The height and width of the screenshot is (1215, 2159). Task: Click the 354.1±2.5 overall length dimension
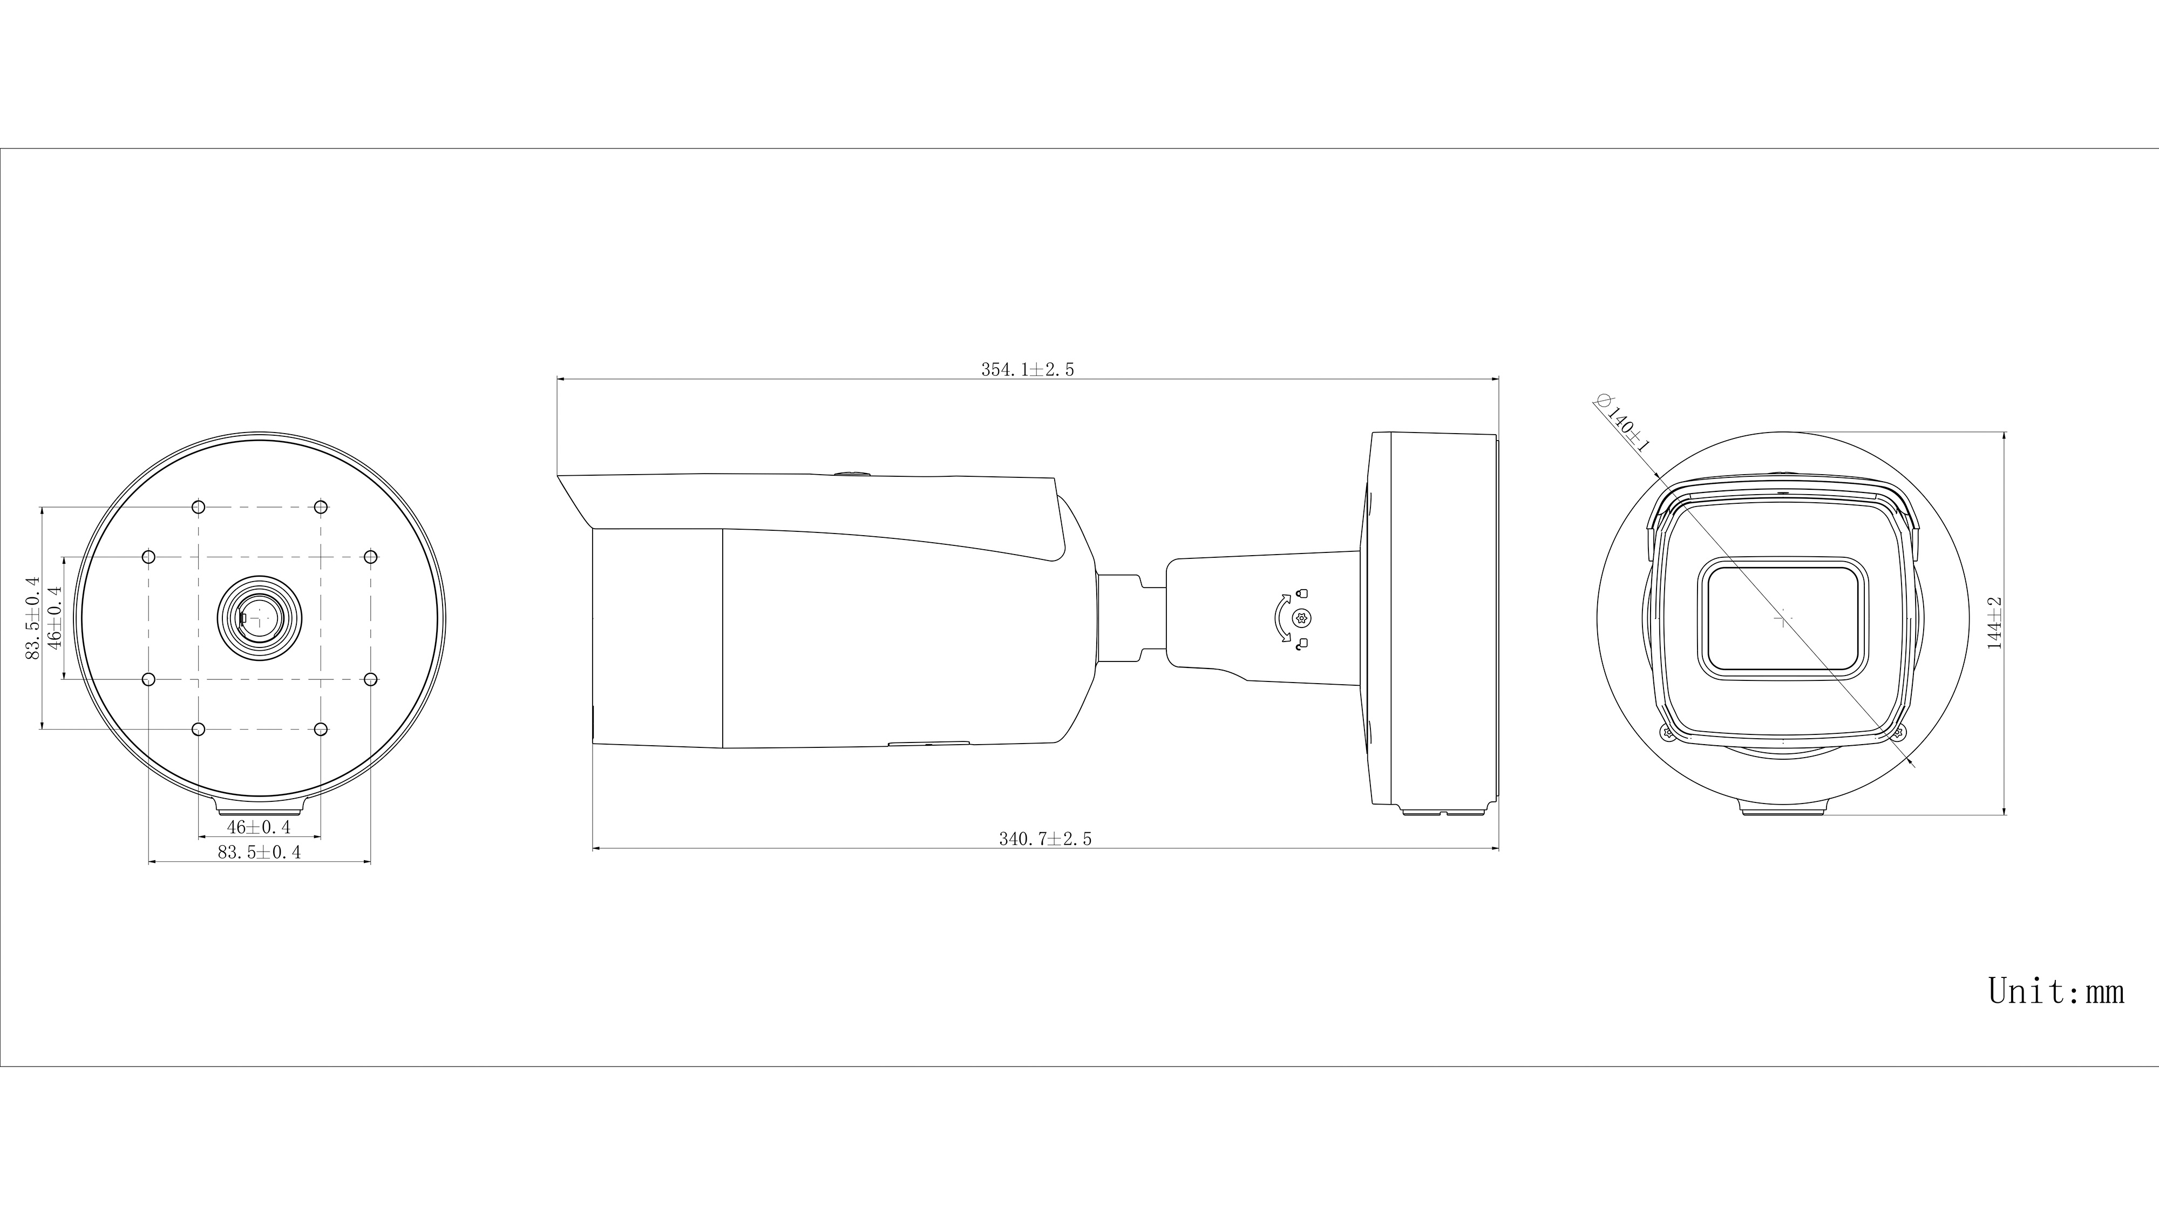coord(1028,370)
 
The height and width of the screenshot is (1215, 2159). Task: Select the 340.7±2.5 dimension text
coord(1045,839)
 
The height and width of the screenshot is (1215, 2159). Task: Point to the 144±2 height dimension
coord(1995,623)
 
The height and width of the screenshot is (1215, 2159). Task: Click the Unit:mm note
coord(2056,991)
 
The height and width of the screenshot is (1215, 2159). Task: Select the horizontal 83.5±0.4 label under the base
coord(259,853)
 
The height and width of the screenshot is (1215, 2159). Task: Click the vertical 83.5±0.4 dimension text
coord(33,618)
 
